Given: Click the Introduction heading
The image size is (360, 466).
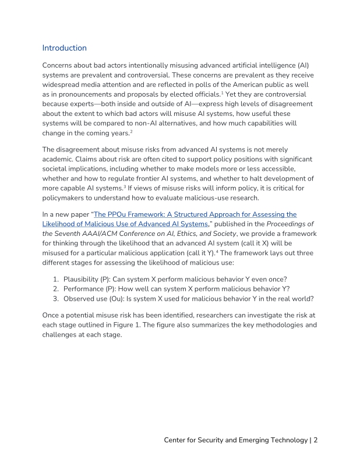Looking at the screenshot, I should pos(64,48).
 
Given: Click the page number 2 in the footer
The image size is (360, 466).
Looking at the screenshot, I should pos(315,440).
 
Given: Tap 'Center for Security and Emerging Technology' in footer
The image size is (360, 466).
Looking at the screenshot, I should pos(235,440).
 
